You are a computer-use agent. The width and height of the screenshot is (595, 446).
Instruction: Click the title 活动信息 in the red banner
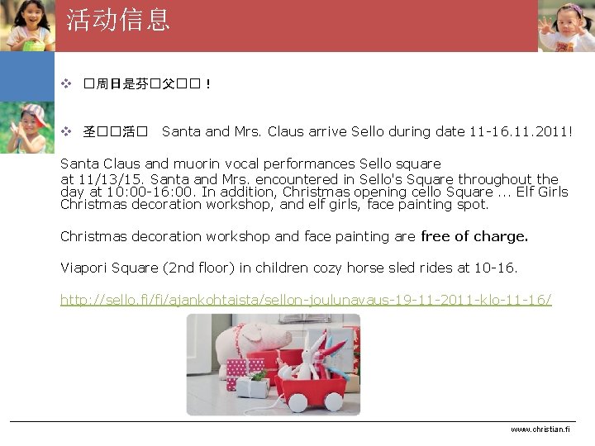tap(118, 20)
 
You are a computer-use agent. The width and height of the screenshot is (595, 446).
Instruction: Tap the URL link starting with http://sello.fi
tap(306, 299)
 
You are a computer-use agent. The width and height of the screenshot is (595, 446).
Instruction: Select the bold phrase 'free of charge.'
tap(474, 236)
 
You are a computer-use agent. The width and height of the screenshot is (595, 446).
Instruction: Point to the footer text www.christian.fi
tap(540, 429)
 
